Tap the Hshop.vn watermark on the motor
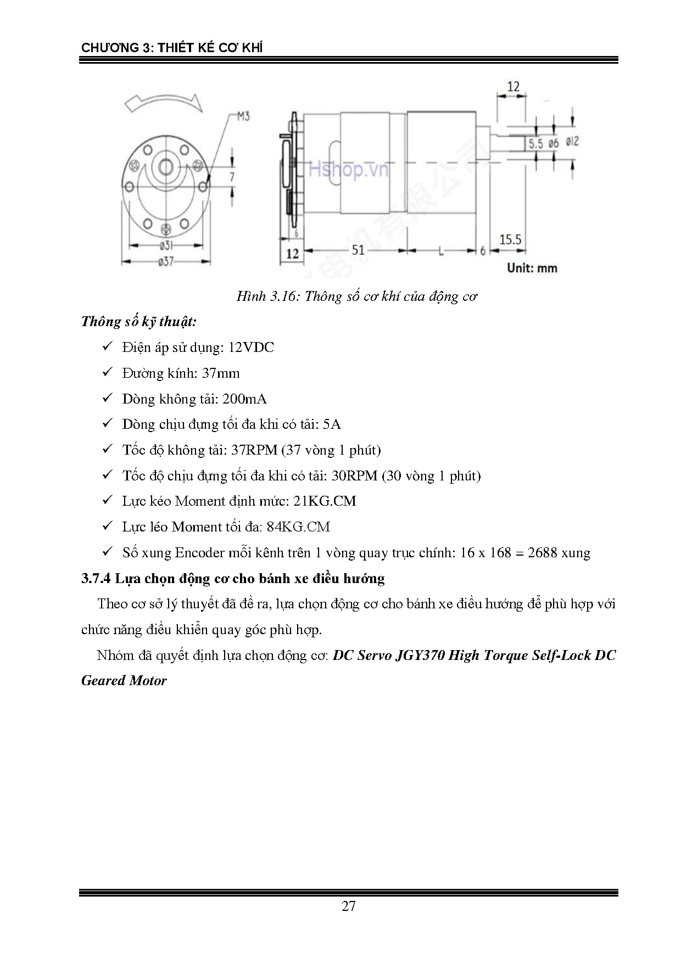click(348, 170)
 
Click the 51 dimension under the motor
click(358, 250)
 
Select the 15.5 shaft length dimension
click(510, 239)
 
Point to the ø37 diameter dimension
click(165, 262)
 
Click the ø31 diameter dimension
click(166, 246)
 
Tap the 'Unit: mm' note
click(532, 268)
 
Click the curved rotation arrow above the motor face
click(163, 102)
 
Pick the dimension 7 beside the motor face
click(232, 176)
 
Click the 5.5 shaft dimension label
click(535, 144)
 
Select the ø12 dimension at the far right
click(571, 142)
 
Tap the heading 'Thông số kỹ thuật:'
click(138, 322)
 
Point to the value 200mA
click(244, 399)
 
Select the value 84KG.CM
click(298, 527)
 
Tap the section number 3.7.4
click(96, 579)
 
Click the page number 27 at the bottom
click(348, 906)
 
